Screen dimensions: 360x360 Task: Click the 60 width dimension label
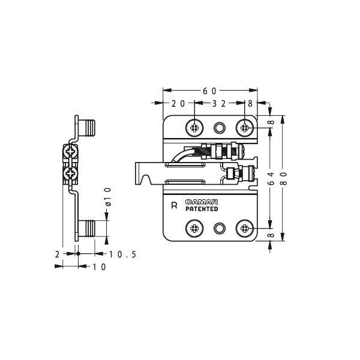click(209, 91)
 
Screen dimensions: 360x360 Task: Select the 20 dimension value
click(178, 104)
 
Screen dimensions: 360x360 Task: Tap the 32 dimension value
click(219, 104)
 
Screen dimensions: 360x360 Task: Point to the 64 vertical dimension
click(271, 178)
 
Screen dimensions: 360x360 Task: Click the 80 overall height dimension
click(284, 179)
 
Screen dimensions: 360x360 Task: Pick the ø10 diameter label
click(108, 197)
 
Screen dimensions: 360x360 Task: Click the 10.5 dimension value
click(122, 254)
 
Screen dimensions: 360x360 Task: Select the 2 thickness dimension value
click(57, 254)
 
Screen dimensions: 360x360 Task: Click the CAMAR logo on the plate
click(202, 202)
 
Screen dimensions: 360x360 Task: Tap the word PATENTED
click(202, 209)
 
